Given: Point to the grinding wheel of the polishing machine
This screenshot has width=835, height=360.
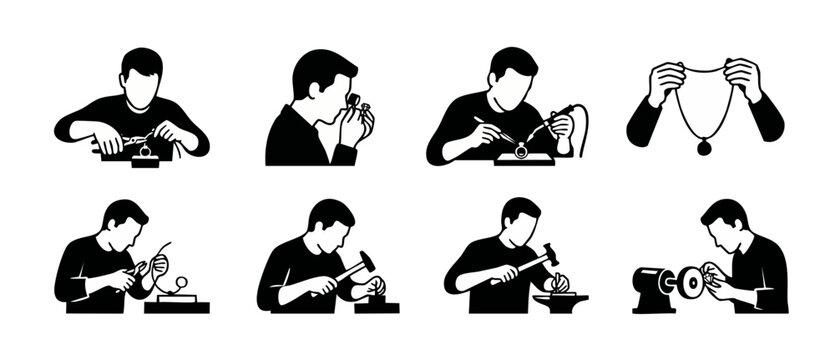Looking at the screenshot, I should click(689, 282).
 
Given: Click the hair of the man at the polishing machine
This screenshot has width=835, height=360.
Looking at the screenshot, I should click(725, 215).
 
